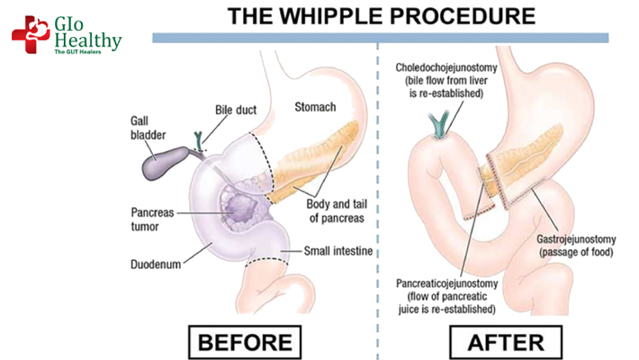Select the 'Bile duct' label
[236, 110]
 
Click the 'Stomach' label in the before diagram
[316, 108]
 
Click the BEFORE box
[246, 342]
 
